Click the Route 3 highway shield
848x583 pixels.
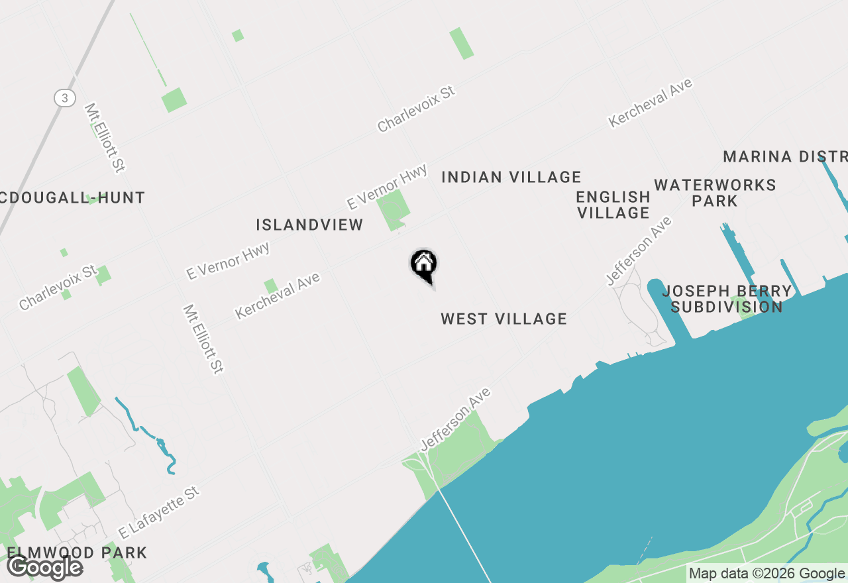(64, 98)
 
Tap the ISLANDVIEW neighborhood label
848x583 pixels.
(309, 225)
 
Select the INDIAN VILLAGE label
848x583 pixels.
(511, 178)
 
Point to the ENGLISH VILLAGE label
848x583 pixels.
(613, 205)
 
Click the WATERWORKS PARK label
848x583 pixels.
(715, 193)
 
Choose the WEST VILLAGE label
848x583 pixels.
(503, 319)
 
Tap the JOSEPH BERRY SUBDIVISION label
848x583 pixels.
(727, 299)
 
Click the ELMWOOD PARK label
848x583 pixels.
(77, 553)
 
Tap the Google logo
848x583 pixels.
(44, 567)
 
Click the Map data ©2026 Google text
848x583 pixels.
(766, 574)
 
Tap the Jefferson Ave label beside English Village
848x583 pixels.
(639, 251)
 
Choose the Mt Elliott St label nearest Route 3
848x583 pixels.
(105, 138)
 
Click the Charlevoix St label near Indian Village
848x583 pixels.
(417, 108)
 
